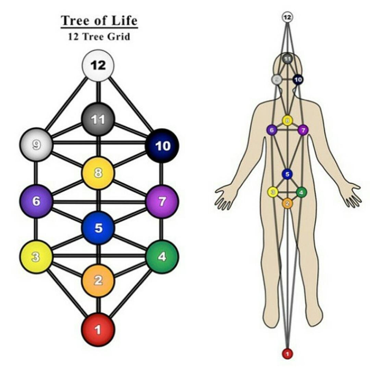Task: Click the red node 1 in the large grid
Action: [x=98, y=329]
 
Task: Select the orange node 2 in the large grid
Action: [x=98, y=280]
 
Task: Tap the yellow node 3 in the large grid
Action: [x=36, y=257]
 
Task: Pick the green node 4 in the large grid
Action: [x=162, y=257]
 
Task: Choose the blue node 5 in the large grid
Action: [x=98, y=228]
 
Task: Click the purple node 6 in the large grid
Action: [x=36, y=201]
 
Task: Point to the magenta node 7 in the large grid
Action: [x=162, y=201]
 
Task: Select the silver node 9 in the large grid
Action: [x=36, y=145]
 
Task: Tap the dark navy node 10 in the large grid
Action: [x=162, y=146]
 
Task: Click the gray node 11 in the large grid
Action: [x=98, y=119]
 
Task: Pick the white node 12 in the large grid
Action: [x=98, y=65]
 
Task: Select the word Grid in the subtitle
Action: [x=118, y=37]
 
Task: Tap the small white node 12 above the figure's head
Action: [x=287, y=17]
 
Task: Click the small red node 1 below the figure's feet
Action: [x=287, y=353]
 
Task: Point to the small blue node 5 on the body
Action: [x=287, y=174]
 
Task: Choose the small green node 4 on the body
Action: [x=301, y=192]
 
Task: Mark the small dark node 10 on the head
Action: [x=298, y=80]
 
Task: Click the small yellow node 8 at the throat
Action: [x=287, y=120]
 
